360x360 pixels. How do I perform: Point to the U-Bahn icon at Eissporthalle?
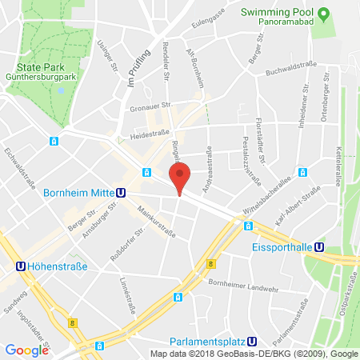[319, 248]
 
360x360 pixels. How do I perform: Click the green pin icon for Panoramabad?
[324, 14]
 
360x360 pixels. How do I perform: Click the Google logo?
[26, 350]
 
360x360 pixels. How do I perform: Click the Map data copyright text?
[254, 354]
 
